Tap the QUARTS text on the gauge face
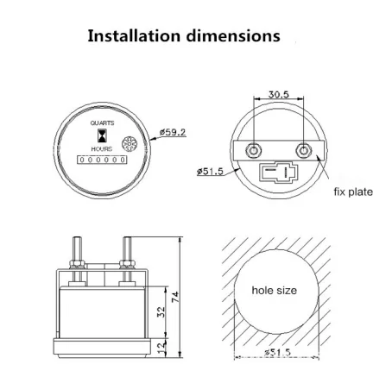tap(102, 123)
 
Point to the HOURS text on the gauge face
tap(101, 149)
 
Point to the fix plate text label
tap(353, 191)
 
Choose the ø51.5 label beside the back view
tap(212, 172)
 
